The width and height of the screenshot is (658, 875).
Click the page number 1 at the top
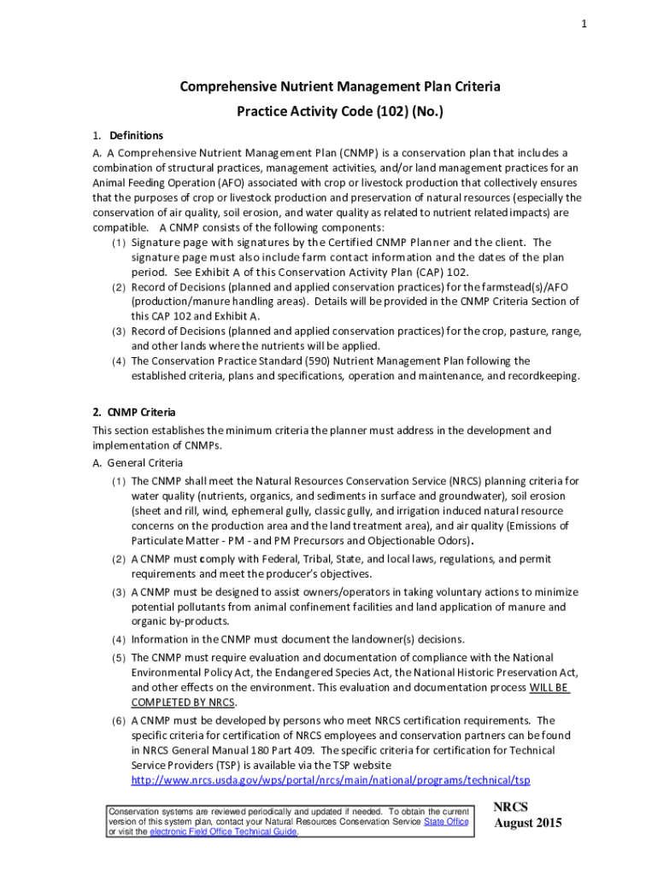coord(584,25)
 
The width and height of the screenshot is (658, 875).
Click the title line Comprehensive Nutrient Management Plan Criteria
coord(328,86)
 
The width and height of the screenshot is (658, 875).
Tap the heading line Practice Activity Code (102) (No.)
coord(328,112)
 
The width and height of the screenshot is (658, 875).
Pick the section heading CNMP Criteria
coord(142,412)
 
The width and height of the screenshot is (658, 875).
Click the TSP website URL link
coord(331,781)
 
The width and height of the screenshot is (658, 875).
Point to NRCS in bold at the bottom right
coord(511,807)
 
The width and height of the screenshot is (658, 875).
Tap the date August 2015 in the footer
coord(528,824)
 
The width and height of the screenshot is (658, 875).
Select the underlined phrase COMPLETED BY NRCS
coord(182,702)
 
